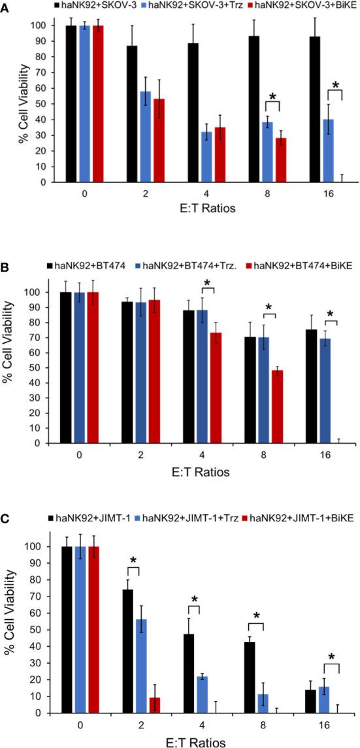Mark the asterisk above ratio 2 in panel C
[x=133, y=561]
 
